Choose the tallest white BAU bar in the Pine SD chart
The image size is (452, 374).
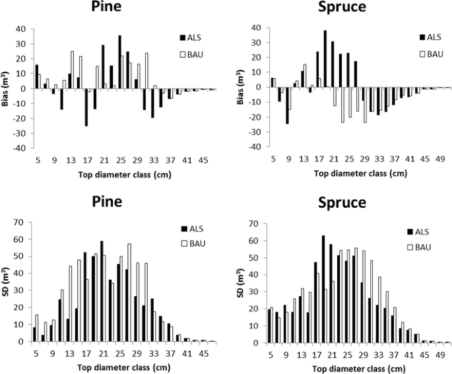click(x=129, y=293)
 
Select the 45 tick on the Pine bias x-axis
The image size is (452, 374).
click(x=204, y=160)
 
